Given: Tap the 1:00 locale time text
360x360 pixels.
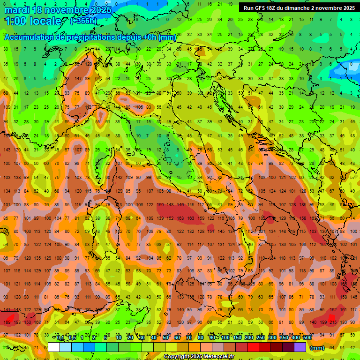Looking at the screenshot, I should click(33, 21).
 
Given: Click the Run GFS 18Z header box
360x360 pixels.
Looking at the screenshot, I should click(299, 8).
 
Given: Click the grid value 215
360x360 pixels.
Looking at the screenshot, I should click(333, 322).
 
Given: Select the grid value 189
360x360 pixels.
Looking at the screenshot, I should click(7, 322).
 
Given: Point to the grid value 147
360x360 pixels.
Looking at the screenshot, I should click(78, 79).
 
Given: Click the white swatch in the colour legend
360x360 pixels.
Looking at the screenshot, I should click(54, 347).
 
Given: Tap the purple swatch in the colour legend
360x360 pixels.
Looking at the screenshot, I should click(300, 347).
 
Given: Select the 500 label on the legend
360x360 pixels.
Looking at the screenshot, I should click(307, 338).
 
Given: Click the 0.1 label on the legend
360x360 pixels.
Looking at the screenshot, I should click(60, 338).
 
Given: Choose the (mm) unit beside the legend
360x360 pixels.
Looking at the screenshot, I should click(317, 347).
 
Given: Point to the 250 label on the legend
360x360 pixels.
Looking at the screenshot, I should click(260, 338).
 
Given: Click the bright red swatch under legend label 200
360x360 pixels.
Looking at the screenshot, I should click(253, 347).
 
